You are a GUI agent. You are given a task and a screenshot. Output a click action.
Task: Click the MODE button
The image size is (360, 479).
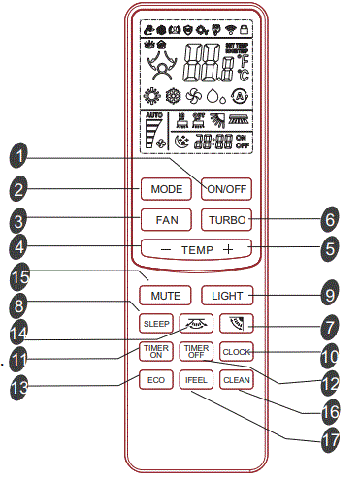click(161, 187)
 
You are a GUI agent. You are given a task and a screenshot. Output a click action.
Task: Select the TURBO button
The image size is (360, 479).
click(227, 219)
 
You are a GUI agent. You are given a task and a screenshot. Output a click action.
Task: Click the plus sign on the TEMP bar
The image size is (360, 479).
click(228, 250)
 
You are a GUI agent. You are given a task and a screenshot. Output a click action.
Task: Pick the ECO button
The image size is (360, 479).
click(155, 381)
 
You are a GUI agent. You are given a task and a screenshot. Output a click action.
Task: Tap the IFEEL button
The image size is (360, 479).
click(195, 381)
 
